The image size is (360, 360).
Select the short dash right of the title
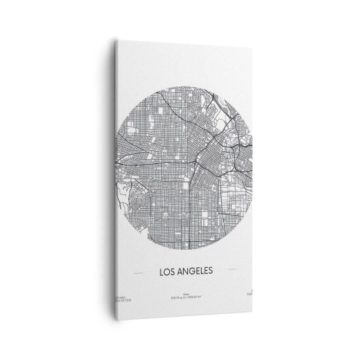233,272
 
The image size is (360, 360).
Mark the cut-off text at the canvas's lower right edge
243,295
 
